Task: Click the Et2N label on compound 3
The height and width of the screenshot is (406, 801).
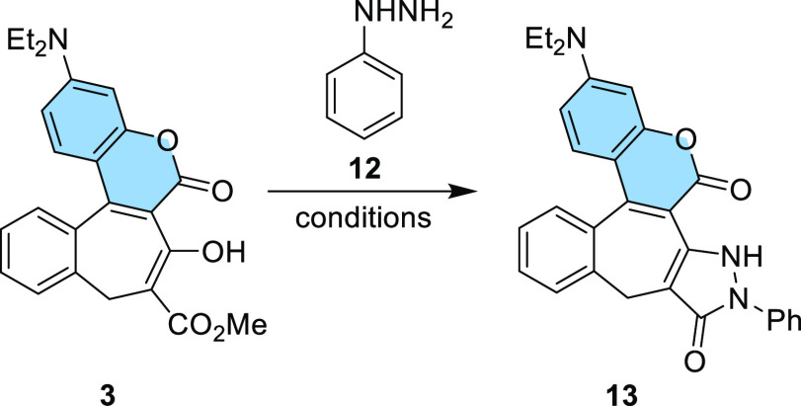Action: [x=36, y=41]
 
